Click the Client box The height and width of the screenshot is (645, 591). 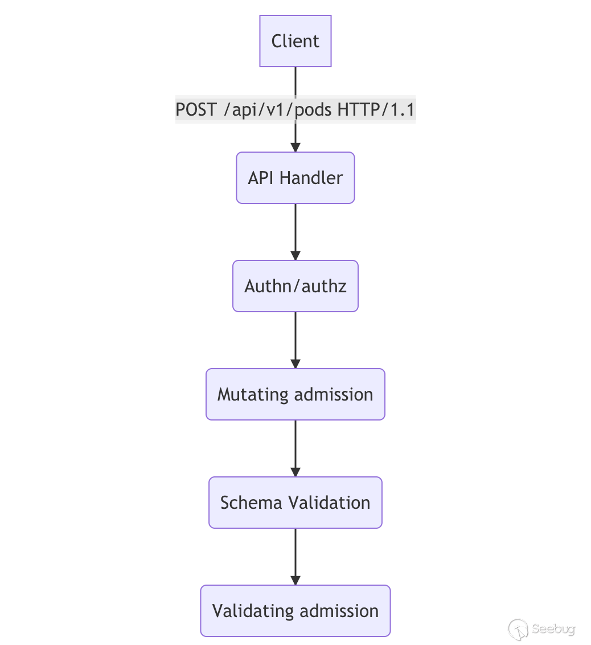[295, 41]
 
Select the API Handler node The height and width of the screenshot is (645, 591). [295, 178]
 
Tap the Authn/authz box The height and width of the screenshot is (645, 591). [295, 286]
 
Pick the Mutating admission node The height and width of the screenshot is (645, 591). [295, 394]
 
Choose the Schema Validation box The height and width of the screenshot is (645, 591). [295, 503]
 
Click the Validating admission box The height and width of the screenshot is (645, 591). [295, 611]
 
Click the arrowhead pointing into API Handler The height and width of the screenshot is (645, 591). [295, 146]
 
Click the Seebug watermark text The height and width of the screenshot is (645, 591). [553, 629]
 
